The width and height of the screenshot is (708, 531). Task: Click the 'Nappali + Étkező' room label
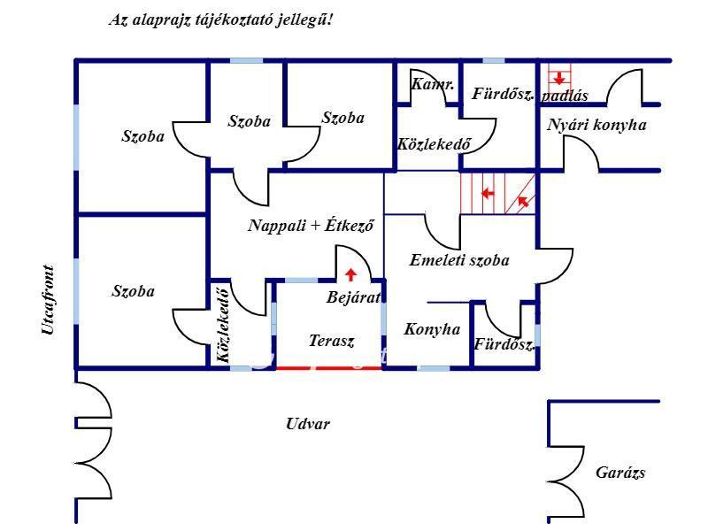pos(311,226)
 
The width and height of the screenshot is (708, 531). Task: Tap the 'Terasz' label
pos(331,340)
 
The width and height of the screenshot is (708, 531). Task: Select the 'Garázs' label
pos(619,473)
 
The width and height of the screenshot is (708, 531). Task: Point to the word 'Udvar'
pos(308,424)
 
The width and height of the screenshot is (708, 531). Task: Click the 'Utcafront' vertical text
pos(48,301)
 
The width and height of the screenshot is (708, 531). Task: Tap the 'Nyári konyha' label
pos(596,125)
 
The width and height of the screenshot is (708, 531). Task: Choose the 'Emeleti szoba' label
pos(459,260)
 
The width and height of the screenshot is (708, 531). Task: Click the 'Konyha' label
pos(432,329)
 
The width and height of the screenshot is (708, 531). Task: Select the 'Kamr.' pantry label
pos(433,85)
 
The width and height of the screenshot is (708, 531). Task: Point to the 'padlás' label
pos(565,96)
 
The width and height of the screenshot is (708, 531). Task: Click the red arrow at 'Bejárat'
pos(351,274)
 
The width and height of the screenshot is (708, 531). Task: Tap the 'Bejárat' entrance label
pos(352,297)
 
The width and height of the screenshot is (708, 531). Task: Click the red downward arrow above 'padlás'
pos(558,78)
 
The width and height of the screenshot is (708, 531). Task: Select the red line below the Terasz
pos(329,367)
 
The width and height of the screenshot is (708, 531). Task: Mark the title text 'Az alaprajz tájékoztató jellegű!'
pos(220,19)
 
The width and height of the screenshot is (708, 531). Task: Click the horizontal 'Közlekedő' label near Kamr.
pos(434,143)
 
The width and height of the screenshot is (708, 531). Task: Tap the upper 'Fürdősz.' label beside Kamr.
pos(502,93)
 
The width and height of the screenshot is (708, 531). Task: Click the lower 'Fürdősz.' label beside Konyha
pos(504,344)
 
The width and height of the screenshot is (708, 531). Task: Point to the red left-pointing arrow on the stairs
pos(486,192)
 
